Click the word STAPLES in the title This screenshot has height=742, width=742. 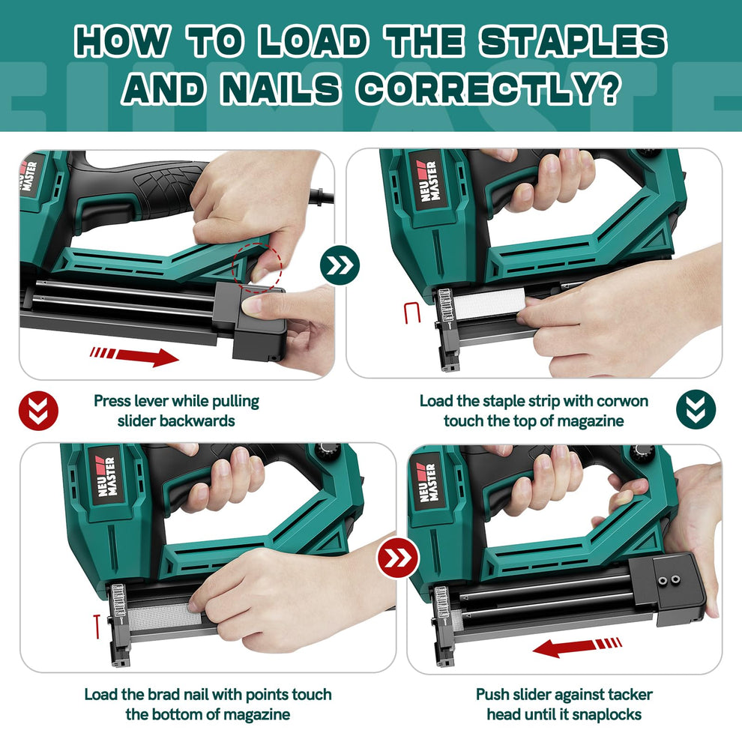click(x=573, y=42)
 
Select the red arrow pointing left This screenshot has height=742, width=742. click(x=577, y=646)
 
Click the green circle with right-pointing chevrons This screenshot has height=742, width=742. click(x=340, y=265)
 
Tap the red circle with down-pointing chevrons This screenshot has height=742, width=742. click(x=37, y=409)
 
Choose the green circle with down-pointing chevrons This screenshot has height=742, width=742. click(x=696, y=409)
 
